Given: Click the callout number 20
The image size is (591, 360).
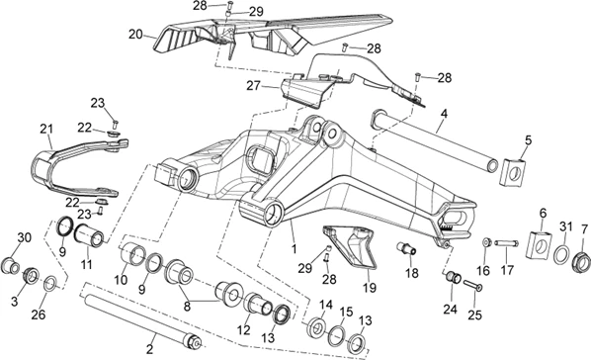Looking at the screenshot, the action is (x=135, y=35).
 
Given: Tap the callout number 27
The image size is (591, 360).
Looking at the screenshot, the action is (x=253, y=86).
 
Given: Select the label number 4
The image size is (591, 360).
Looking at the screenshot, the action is (x=445, y=114).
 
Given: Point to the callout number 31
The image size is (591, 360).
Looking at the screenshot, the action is (x=565, y=226).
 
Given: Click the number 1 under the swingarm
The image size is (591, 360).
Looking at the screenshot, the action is (x=295, y=249).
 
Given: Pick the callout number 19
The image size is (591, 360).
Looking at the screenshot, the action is (x=370, y=288).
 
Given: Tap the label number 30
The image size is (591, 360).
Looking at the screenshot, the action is (x=25, y=238).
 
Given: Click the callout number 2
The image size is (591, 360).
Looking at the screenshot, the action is (x=149, y=349).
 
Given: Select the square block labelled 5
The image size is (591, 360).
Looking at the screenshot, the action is (x=513, y=172).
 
